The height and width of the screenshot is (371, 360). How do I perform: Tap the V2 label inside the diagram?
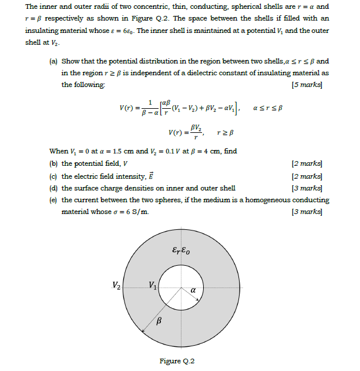click(117, 286)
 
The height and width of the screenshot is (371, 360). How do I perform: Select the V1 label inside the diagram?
click(153, 286)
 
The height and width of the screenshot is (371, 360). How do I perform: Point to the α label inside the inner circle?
click(192, 290)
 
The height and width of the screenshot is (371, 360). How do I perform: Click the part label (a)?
click(53, 61)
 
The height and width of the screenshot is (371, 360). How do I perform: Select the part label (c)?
click(53, 176)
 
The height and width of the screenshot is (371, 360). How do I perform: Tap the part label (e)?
click(53, 200)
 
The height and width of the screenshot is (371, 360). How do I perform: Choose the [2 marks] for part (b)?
click(310, 164)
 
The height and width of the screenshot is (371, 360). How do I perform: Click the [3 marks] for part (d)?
click(310, 188)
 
